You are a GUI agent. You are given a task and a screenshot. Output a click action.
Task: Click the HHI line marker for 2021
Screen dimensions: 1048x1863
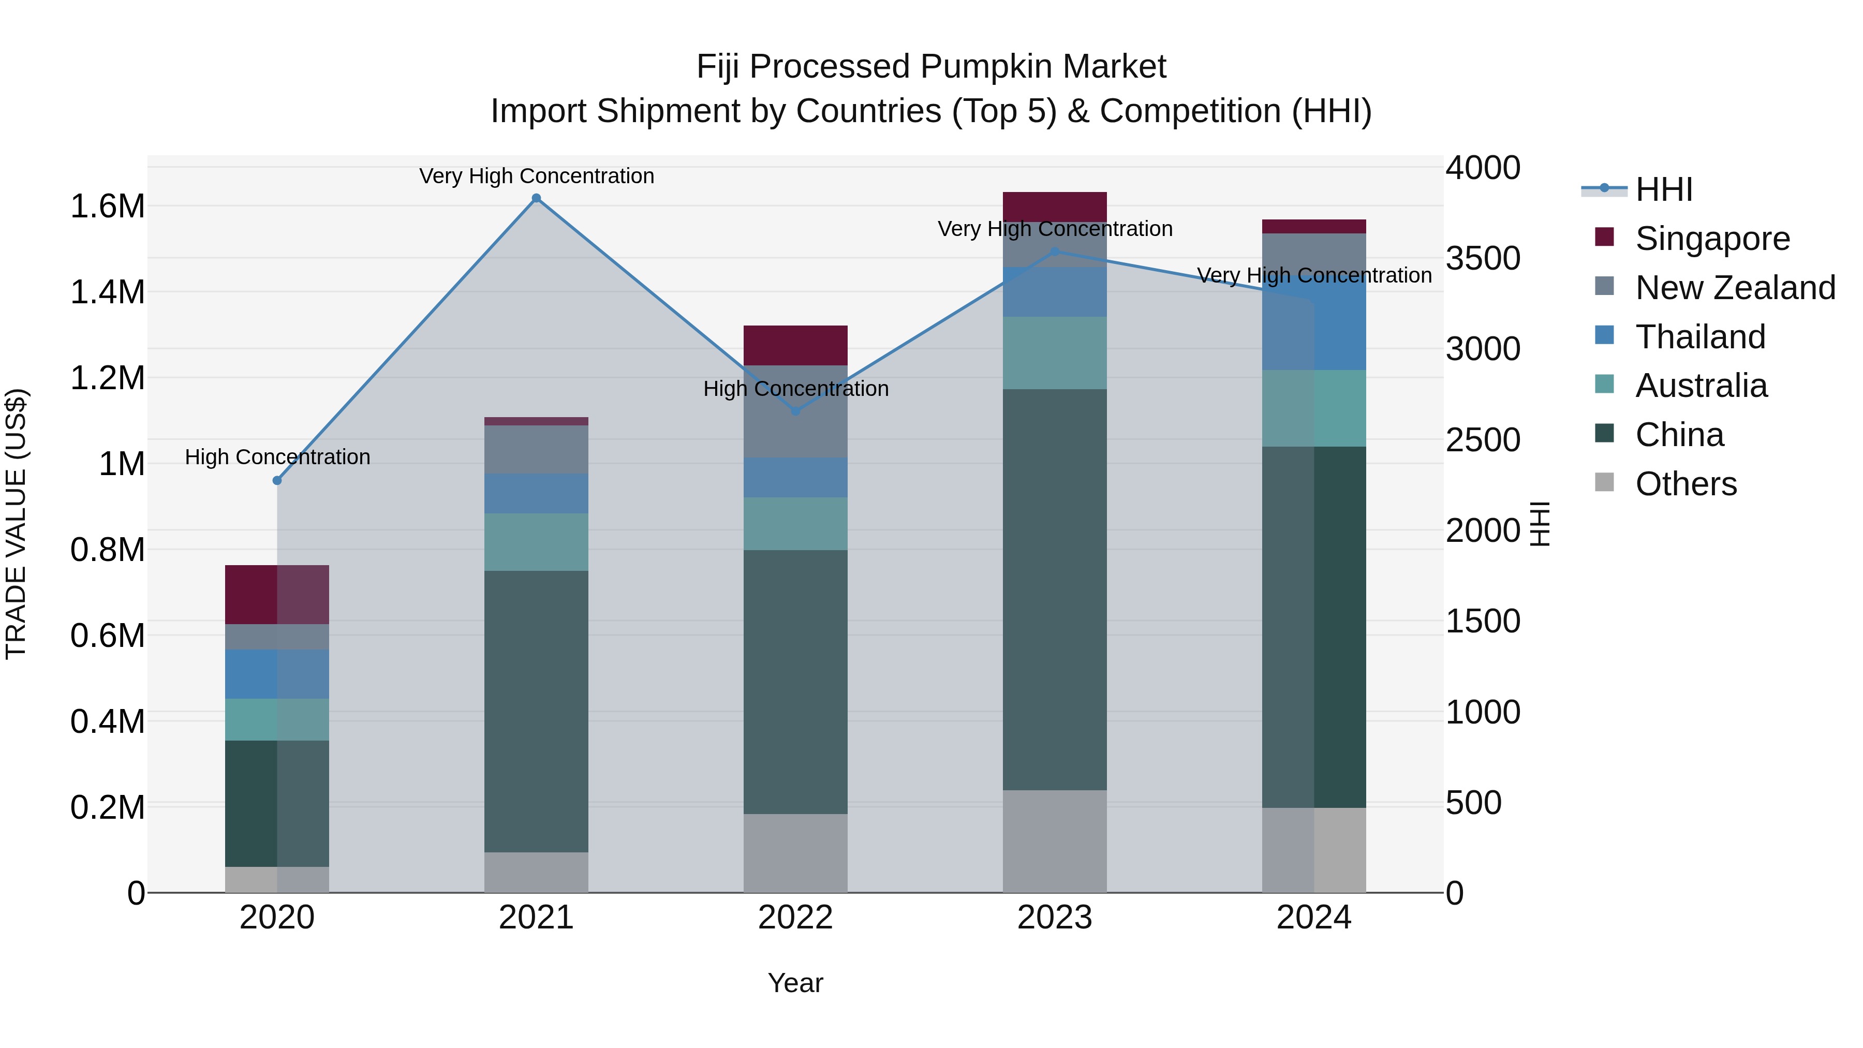click(536, 198)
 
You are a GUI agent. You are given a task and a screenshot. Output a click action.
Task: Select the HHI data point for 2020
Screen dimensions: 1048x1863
click(277, 480)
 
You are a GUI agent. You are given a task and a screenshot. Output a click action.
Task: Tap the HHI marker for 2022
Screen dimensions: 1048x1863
click(795, 411)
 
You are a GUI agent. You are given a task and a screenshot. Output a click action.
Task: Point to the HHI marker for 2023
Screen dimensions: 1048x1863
click(1055, 252)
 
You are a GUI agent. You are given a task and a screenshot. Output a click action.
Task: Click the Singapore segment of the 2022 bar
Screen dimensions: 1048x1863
click(795, 345)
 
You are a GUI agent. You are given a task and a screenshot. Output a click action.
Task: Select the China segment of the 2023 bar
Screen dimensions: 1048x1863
click(1055, 589)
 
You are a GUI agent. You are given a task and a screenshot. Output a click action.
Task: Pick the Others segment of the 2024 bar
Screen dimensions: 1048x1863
click(1314, 850)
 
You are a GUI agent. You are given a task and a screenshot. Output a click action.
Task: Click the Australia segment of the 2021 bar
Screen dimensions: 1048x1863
click(536, 542)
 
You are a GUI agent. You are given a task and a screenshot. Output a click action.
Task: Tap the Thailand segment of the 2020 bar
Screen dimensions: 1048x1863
click(277, 673)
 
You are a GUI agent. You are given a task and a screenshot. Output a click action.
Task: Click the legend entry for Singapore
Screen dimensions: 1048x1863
click(1712, 239)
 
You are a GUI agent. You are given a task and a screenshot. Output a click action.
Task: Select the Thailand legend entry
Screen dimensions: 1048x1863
click(1699, 337)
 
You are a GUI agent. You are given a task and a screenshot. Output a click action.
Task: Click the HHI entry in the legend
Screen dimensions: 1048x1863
click(1663, 189)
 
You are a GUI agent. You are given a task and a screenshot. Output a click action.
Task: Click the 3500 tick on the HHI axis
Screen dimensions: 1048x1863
click(1483, 258)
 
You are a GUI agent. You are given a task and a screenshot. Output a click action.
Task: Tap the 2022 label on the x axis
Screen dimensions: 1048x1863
click(795, 918)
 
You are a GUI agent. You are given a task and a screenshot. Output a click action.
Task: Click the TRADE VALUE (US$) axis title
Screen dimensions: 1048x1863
click(16, 524)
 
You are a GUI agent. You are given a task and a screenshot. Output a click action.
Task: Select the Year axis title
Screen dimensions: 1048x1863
click(795, 983)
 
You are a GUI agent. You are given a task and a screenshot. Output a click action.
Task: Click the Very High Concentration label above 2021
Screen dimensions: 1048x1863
click(536, 176)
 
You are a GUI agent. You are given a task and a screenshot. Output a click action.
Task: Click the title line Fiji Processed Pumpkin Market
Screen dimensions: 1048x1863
click(931, 67)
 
